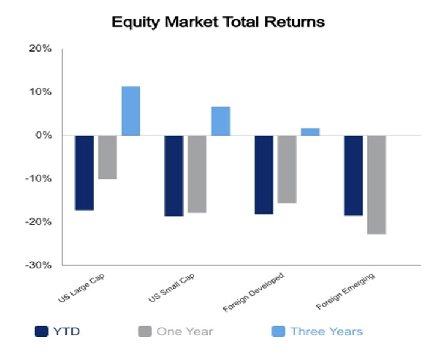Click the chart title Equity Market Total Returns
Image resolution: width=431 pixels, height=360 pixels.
218,22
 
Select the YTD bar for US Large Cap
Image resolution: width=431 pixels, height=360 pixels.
85,173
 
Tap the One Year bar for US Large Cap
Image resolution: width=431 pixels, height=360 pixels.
108,157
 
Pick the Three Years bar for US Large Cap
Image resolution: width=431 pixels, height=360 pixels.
131,111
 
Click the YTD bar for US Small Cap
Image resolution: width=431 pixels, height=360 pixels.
174,176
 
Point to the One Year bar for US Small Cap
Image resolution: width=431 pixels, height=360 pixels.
197,174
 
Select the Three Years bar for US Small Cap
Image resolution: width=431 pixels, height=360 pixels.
221,121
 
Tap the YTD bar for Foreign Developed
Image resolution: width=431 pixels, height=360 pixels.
264,175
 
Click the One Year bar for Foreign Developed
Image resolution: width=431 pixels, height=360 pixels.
287,169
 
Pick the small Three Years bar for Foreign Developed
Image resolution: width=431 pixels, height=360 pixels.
310,132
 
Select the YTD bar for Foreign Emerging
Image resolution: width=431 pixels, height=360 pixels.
353,176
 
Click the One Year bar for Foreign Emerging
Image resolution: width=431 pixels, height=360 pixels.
376,185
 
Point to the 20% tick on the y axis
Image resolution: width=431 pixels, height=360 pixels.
40,49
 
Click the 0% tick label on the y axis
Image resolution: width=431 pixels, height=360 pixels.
44,135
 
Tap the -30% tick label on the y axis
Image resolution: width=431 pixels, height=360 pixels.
38,265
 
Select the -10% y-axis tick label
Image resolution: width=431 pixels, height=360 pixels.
38,179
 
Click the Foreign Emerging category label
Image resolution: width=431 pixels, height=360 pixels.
345,291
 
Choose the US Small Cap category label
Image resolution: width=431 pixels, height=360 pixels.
172,288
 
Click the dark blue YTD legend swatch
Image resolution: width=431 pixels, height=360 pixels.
41,331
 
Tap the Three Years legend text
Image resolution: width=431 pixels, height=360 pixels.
327,332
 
